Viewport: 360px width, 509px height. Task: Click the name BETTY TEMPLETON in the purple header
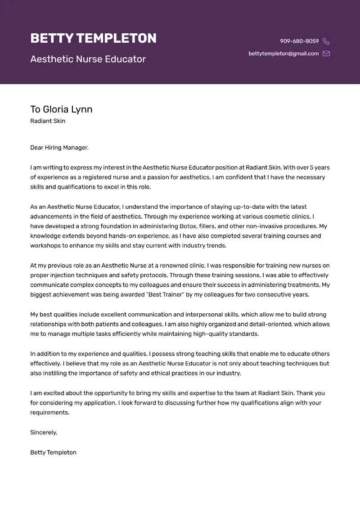pyautogui.click(x=93, y=38)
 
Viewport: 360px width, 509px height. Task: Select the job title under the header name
pyautogui.click(x=88, y=59)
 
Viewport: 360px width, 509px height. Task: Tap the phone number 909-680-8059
pyautogui.click(x=299, y=41)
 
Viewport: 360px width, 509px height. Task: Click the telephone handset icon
pyautogui.click(x=326, y=41)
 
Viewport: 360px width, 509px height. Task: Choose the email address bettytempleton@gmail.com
pyautogui.click(x=283, y=54)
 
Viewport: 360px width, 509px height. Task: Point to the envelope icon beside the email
pyautogui.click(x=326, y=54)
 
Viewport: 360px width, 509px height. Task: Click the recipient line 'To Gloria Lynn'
pyautogui.click(x=61, y=109)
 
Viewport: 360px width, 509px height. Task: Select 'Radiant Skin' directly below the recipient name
pyautogui.click(x=48, y=121)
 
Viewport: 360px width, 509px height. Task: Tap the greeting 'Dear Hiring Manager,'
pyautogui.click(x=59, y=147)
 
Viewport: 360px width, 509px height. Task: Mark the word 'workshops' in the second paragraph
pyautogui.click(x=45, y=246)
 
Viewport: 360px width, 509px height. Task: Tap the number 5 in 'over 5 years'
pyautogui.click(x=311, y=167)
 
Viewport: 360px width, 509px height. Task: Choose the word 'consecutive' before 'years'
pyautogui.click(x=263, y=294)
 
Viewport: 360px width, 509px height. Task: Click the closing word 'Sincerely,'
pyautogui.click(x=44, y=432)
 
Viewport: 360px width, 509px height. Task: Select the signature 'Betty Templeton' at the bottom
pyautogui.click(x=53, y=452)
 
